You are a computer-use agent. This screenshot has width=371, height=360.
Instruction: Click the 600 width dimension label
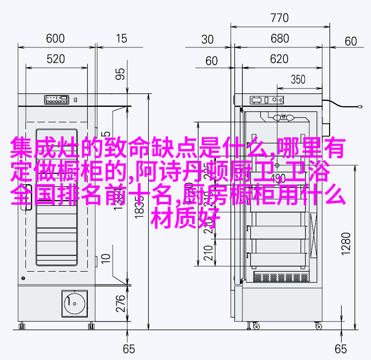click(55, 38)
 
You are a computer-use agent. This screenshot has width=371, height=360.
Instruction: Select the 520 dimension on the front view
click(55, 59)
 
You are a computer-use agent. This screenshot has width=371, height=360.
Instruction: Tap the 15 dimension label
click(120, 38)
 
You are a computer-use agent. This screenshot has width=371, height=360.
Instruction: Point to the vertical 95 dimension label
click(120, 74)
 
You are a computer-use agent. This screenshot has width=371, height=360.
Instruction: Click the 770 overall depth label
click(279, 18)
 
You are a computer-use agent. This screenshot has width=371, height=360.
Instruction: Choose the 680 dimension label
click(279, 39)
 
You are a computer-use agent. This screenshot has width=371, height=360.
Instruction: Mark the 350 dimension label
click(298, 79)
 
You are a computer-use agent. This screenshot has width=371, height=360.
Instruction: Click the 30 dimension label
click(207, 39)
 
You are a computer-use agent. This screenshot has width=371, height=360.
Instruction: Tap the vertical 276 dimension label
click(120, 304)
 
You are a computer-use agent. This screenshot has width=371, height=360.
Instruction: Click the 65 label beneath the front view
click(129, 349)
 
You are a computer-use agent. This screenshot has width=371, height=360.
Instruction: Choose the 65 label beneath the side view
click(341, 349)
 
